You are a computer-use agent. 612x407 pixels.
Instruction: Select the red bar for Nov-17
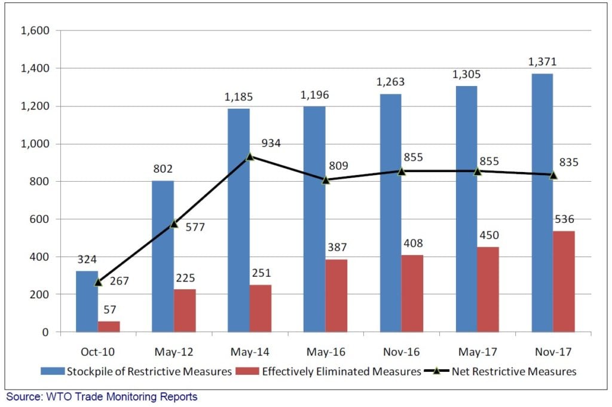click(x=563, y=281)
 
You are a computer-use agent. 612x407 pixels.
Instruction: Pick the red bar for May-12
click(x=185, y=311)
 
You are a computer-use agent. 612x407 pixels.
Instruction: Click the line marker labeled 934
click(x=250, y=156)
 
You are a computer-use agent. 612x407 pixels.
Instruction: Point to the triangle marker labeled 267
click(x=99, y=281)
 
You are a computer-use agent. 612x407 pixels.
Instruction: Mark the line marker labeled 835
click(x=553, y=175)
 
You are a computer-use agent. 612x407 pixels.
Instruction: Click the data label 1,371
click(x=542, y=62)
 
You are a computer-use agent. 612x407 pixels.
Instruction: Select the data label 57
click(x=109, y=310)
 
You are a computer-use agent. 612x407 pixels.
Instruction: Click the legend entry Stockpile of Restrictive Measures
click(x=136, y=372)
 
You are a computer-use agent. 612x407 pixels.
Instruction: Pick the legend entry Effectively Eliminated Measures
click(x=333, y=372)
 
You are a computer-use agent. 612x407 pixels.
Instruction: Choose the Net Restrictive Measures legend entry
click(x=500, y=372)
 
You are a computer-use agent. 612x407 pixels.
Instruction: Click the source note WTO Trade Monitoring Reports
click(x=102, y=396)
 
